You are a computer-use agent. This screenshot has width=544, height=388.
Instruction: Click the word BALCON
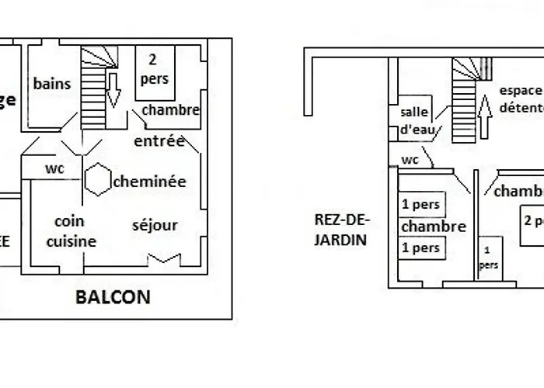tap(113, 296)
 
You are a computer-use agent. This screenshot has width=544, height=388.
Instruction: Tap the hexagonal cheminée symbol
tap(98, 180)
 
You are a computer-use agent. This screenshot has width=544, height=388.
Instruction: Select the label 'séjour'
tap(155, 226)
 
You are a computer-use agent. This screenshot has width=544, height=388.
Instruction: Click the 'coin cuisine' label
tap(70, 231)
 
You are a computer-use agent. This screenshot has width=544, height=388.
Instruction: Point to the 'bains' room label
tap(52, 84)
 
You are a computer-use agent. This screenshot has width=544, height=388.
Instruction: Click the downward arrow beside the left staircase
tap(113, 90)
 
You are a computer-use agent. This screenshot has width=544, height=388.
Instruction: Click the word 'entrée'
tap(159, 141)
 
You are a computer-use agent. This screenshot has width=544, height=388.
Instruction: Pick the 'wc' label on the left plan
tap(54, 168)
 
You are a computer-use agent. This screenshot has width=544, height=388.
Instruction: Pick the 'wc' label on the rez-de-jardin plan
tap(410, 160)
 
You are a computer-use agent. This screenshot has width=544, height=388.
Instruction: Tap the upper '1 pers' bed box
tap(421, 206)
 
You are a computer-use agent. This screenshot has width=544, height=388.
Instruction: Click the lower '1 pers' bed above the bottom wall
tap(421, 248)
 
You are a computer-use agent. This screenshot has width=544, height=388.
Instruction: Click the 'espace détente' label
tap(521, 98)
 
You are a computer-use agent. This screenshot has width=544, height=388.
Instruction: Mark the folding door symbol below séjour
tap(169, 258)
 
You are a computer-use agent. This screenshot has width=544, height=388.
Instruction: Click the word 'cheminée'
tap(149, 182)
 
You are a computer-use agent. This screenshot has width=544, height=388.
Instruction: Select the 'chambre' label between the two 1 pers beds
tap(433, 227)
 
